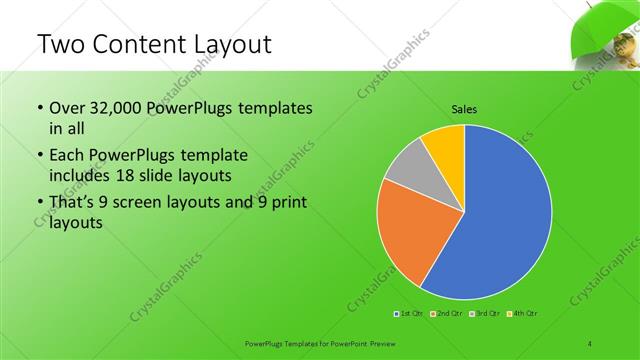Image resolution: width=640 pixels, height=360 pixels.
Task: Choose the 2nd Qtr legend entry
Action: click(447, 314)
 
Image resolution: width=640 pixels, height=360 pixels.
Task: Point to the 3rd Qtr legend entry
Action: click(484, 314)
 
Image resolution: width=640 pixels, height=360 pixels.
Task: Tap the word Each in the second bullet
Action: click(68, 156)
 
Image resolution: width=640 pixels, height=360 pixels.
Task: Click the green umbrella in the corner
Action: click(600, 30)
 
